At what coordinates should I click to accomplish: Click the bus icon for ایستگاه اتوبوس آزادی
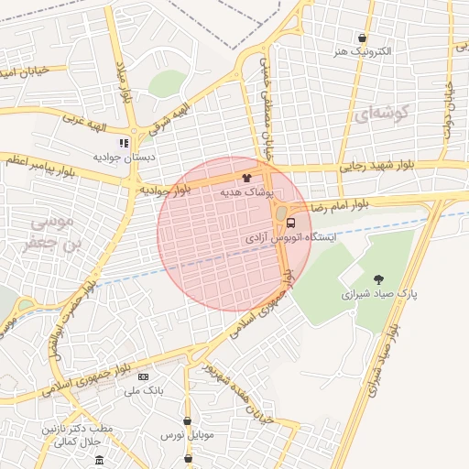[x=291, y=222]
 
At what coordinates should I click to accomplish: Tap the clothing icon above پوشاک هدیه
[x=245, y=180]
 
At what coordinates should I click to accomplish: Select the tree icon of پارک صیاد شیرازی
[x=379, y=279]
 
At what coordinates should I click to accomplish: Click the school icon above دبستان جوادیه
[x=124, y=143]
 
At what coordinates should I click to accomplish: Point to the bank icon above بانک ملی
[x=142, y=376]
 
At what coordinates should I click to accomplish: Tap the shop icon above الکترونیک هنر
[x=364, y=38]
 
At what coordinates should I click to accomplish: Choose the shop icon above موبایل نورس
[x=188, y=421]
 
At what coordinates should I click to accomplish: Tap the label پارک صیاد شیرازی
[x=379, y=295]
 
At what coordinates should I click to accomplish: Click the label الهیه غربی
[x=85, y=121]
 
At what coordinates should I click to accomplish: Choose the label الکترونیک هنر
[x=364, y=52]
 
